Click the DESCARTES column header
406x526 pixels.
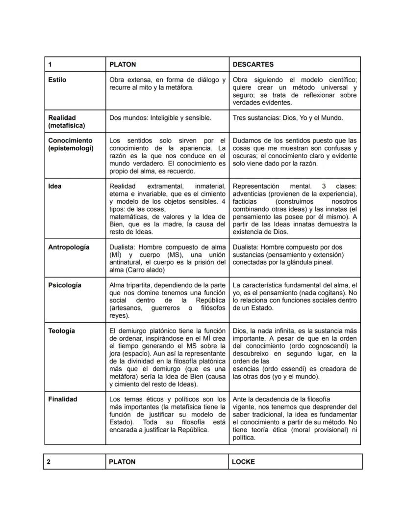253,64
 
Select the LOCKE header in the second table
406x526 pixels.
243,462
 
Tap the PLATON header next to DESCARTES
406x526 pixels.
123,64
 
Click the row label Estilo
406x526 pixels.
57,80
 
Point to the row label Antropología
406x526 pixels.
69,247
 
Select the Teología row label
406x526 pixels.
62,331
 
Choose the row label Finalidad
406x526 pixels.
63,399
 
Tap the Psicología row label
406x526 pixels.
65,285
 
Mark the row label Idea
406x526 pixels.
55,186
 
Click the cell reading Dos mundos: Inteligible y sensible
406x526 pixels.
160,118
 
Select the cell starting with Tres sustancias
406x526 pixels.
288,118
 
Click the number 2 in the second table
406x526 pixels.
49,462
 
